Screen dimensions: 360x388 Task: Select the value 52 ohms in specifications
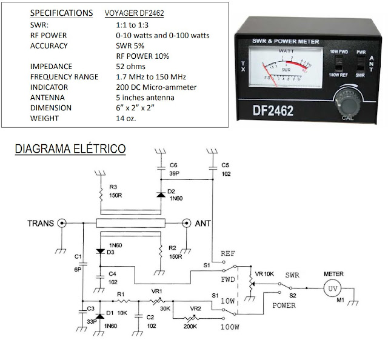pos(133,66)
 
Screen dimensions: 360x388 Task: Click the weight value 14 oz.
pos(125,118)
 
